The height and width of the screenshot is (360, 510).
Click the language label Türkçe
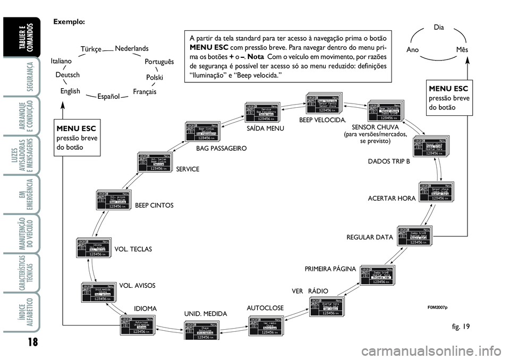[x=91, y=49]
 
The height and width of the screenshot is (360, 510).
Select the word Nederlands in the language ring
[x=131, y=48]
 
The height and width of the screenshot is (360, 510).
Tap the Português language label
[x=159, y=62]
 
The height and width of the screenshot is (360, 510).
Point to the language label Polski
[x=154, y=78]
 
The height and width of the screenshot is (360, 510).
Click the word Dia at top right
[x=438, y=26]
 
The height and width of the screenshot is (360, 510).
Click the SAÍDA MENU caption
[x=266, y=128]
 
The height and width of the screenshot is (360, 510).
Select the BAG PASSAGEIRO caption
[x=221, y=149]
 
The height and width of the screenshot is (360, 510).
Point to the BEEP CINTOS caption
[x=154, y=205]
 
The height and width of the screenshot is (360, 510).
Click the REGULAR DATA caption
[x=369, y=237]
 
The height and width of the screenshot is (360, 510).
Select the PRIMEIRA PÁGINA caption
[x=330, y=269]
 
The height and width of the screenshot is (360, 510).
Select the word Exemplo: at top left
[x=69, y=22]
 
